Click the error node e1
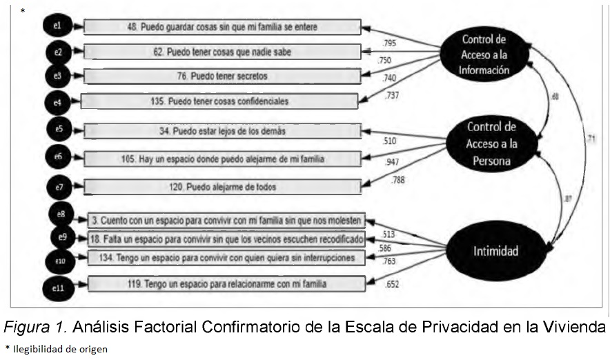tap(58, 26)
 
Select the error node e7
tap(58, 186)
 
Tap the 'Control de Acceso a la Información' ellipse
tap(486, 54)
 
